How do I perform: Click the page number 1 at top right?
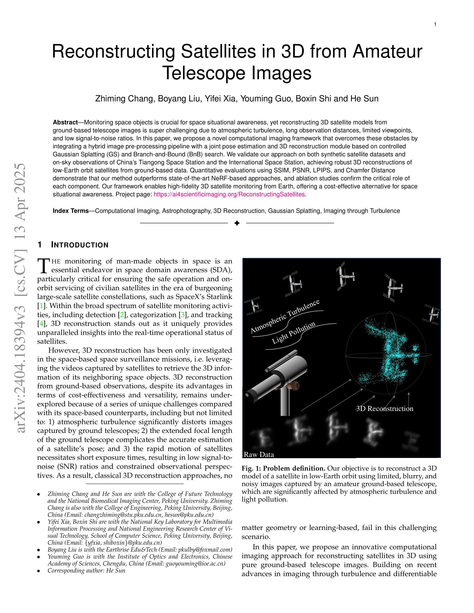coord(435,25)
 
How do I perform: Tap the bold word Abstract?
coord(65,122)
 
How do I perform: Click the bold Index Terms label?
coord(71,211)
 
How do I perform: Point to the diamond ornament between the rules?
coord(237,223)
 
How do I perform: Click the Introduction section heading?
coord(80,245)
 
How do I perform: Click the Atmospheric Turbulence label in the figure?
coord(285,316)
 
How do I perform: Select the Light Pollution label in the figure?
coord(294,333)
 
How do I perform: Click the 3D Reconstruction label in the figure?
coord(384,409)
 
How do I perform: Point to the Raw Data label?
coord(259,454)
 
